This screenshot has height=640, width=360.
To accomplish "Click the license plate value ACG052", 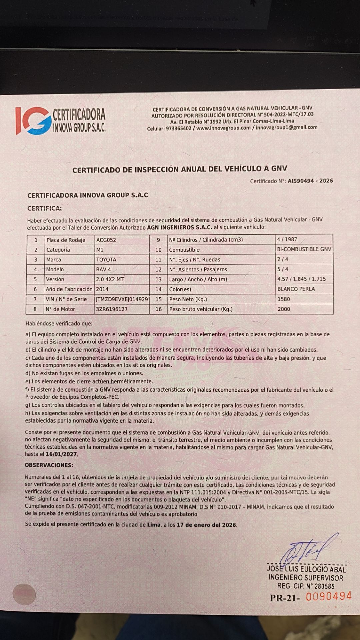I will point(106,240).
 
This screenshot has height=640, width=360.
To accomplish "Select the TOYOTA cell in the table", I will point(106,260).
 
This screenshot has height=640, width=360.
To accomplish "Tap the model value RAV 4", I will point(103,269).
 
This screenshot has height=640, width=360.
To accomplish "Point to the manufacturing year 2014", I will point(102,289).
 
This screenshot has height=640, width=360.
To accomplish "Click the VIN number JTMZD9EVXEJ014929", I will point(122,299).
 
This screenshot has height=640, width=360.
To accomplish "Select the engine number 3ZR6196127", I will point(111,309).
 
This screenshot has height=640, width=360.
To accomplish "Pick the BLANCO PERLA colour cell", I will point(296,289).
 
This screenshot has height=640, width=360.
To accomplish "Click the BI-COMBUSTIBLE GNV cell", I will point(304,249).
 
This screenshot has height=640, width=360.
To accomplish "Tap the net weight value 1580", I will point(284,299).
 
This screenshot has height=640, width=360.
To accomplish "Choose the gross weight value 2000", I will point(284,309).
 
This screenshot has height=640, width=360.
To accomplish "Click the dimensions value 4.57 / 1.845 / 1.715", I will point(301,279).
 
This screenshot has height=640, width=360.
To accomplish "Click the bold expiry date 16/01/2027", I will point(62,454).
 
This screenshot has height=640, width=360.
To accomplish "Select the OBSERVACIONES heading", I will point(49,465).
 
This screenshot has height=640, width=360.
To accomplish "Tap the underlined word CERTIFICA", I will point(44,209).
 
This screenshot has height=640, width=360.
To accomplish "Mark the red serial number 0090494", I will point(329,596).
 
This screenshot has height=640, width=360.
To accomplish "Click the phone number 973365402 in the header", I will point(179,128).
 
